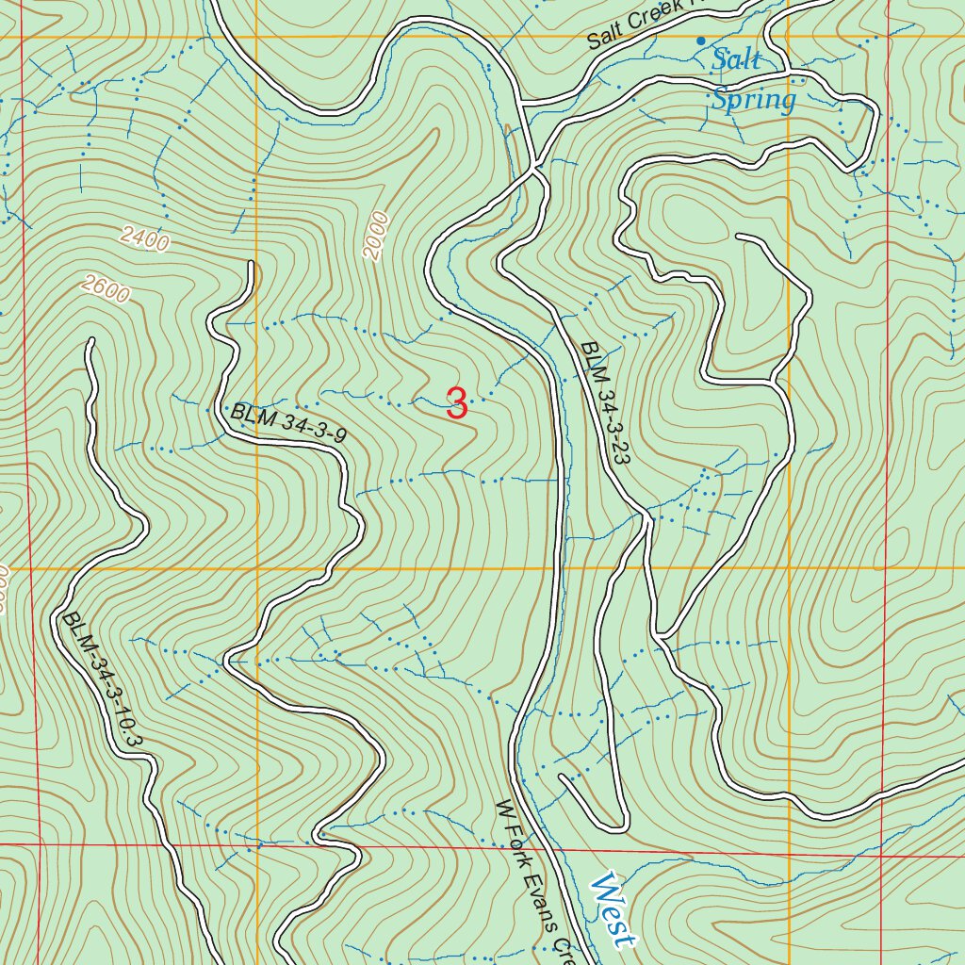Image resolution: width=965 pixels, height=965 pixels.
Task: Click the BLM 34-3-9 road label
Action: [289, 423]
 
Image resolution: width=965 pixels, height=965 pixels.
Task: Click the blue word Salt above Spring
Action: [736, 60]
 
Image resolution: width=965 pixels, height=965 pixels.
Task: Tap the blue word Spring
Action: [753, 98]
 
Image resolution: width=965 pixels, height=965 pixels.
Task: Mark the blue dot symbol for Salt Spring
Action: [700, 40]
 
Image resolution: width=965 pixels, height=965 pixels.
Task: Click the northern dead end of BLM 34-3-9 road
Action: [251, 265]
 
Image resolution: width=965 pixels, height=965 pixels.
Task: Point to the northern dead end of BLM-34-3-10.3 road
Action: [91, 341]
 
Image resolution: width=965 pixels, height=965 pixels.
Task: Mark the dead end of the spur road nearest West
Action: [563, 778]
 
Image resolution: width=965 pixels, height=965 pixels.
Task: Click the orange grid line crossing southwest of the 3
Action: [257, 569]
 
